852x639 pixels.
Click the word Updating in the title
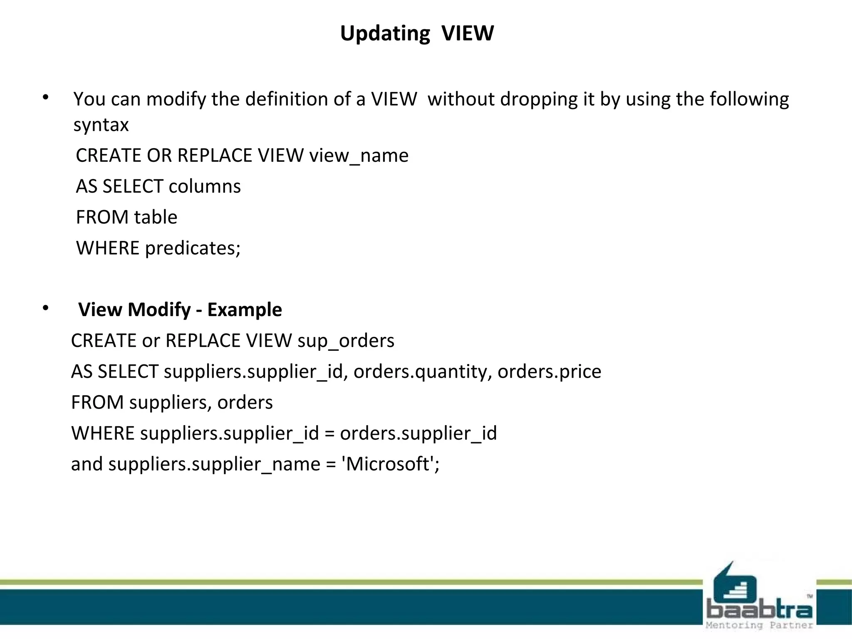tap(385, 34)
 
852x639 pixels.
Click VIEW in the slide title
tap(468, 33)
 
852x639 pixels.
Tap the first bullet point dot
tap(46, 98)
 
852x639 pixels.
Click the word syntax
tap(101, 125)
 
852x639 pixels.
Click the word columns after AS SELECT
tap(204, 186)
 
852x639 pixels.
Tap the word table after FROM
tap(156, 217)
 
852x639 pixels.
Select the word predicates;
tap(193, 248)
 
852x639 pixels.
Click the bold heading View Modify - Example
tap(180, 310)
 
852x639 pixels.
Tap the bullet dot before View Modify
tap(46, 308)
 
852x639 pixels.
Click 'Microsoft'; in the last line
tap(390, 464)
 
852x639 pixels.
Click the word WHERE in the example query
tap(103, 433)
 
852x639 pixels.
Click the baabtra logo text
tap(759, 610)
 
